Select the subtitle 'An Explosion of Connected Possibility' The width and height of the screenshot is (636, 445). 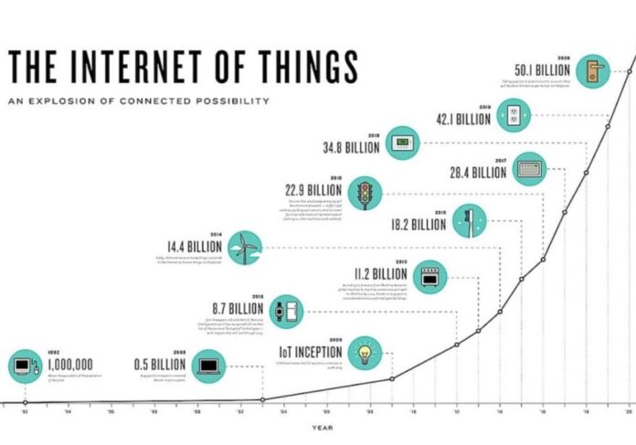point(138,100)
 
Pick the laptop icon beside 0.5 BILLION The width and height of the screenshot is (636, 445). point(209,368)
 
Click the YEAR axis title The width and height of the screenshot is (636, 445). point(321,427)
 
